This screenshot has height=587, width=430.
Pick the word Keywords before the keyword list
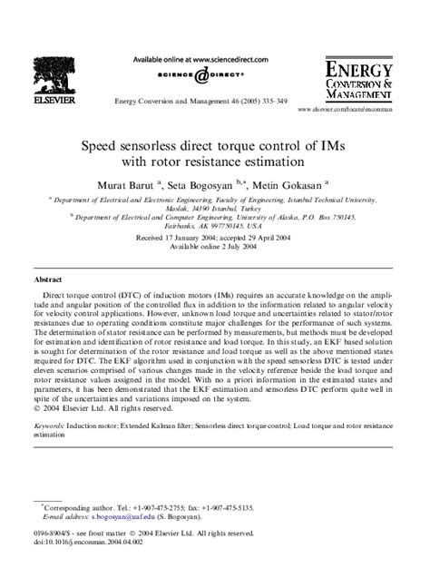click(49, 425)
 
